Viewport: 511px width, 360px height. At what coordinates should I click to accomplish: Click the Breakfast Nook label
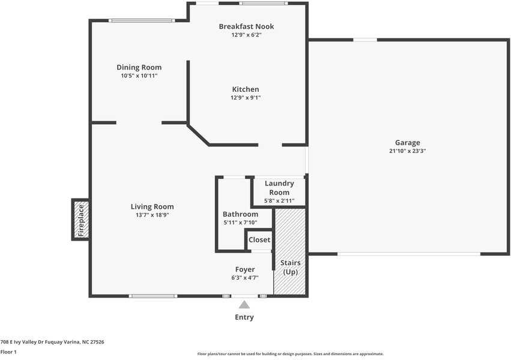point(246,26)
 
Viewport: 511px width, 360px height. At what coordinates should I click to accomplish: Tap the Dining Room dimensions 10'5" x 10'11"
point(139,76)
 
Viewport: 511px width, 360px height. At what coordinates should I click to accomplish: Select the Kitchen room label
point(246,89)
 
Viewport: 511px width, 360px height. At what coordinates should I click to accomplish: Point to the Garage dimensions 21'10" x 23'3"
point(408,151)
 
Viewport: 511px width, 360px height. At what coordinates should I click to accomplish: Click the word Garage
point(407,143)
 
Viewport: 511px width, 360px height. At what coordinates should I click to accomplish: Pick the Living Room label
point(152,206)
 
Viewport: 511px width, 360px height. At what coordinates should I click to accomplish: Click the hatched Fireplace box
point(81,220)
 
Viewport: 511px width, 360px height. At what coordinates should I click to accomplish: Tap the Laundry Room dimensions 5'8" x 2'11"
point(279,201)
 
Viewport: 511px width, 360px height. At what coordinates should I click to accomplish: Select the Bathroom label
point(241,214)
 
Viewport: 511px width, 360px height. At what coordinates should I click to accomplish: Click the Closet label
point(259,239)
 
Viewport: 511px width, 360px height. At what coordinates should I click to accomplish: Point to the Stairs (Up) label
point(291,267)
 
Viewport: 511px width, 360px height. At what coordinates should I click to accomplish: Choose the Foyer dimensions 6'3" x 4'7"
point(245,278)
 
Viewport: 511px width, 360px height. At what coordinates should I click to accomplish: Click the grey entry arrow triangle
point(244,305)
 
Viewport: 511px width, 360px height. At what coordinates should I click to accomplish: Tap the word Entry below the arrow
point(244,317)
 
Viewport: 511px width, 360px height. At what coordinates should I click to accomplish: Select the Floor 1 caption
point(8,352)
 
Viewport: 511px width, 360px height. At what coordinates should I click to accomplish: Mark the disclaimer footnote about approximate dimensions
point(291,354)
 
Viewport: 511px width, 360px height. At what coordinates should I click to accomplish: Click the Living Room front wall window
point(153,296)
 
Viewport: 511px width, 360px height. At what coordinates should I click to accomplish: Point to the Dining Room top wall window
point(142,20)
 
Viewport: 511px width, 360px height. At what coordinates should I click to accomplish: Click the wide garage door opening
point(409,254)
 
